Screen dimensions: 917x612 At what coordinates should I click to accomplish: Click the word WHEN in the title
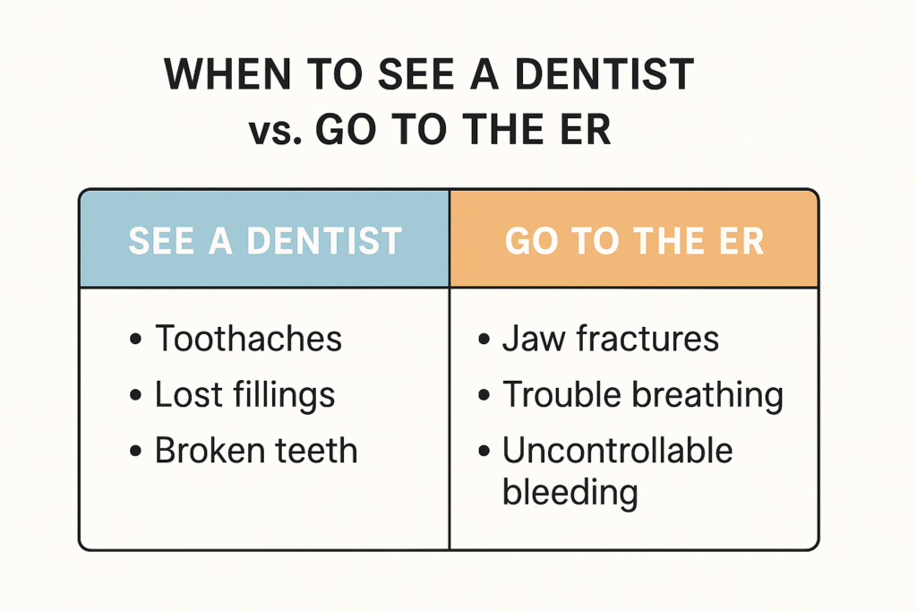[x=227, y=74]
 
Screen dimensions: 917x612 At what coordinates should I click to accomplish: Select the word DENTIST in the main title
[x=604, y=74]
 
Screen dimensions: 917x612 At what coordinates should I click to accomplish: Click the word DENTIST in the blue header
[x=324, y=241]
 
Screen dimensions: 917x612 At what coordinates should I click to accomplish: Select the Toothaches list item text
[x=249, y=338]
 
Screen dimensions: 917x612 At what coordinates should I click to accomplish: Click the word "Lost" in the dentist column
[x=189, y=394]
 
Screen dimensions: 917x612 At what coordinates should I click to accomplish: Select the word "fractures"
[x=648, y=338]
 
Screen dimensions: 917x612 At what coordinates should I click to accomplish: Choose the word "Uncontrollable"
[x=618, y=451]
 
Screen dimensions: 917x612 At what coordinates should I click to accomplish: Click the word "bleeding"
[x=570, y=493]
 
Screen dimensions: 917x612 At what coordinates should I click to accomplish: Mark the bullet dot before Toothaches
[x=136, y=340]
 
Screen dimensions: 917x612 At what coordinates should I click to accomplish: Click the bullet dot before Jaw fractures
[x=484, y=340]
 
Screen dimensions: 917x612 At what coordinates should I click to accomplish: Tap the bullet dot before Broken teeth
[x=136, y=452]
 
